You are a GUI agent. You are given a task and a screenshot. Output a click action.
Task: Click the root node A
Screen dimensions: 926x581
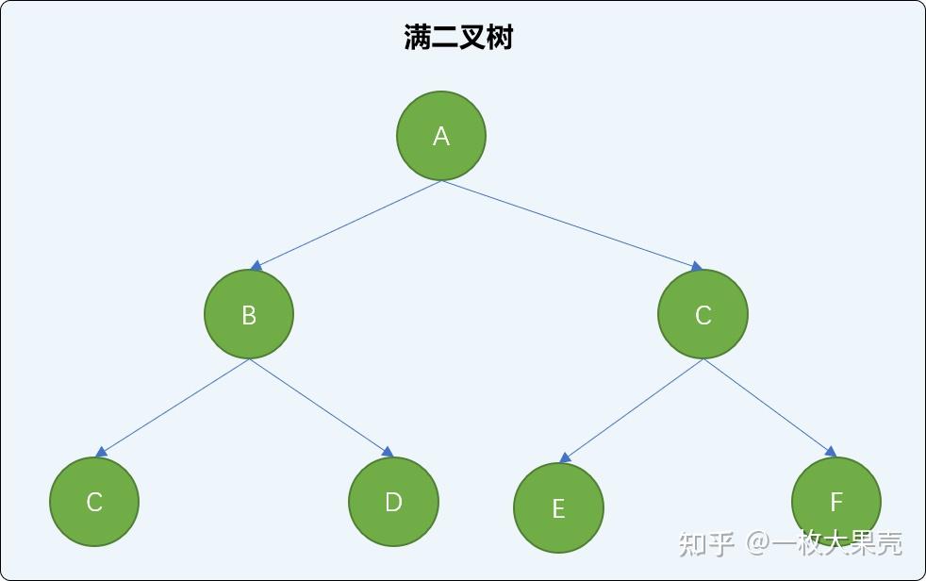(x=440, y=136)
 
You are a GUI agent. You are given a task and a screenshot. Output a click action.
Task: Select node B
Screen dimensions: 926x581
(x=249, y=314)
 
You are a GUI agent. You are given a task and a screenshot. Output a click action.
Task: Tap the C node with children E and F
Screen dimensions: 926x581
(x=703, y=314)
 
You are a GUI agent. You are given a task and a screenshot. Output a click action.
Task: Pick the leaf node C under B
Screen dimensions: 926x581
(x=94, y=502)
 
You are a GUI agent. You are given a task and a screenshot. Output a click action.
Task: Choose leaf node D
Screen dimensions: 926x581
(x=393, y=502)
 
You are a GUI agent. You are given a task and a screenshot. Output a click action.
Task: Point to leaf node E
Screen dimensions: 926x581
(x=558, y=508)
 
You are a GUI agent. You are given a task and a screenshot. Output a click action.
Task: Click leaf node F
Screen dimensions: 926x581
(x=835, y=502)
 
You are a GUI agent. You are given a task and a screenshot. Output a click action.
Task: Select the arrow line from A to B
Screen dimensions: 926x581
(x=347, y=224)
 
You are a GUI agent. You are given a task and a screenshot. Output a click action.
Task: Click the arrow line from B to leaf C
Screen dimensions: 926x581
(x=173, y=407)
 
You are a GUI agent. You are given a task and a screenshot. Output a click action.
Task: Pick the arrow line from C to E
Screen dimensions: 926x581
(x=632, y=410)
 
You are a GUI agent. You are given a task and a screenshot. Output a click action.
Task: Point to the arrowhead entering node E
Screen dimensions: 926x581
(x=564, y=458)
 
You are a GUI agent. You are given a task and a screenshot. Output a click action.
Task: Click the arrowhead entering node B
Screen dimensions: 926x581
(x=256, y=267)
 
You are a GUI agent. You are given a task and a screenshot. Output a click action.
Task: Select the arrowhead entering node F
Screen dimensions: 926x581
(x=831, y=452)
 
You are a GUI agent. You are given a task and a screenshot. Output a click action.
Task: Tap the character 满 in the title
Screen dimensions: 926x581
(x=417, y=38)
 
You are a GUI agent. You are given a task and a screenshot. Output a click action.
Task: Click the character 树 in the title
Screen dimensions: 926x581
(x=500, y=38)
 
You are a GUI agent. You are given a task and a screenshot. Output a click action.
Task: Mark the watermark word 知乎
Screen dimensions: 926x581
(x=706, y=543)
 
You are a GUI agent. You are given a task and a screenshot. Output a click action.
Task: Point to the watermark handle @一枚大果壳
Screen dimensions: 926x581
(x=825, y=543)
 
